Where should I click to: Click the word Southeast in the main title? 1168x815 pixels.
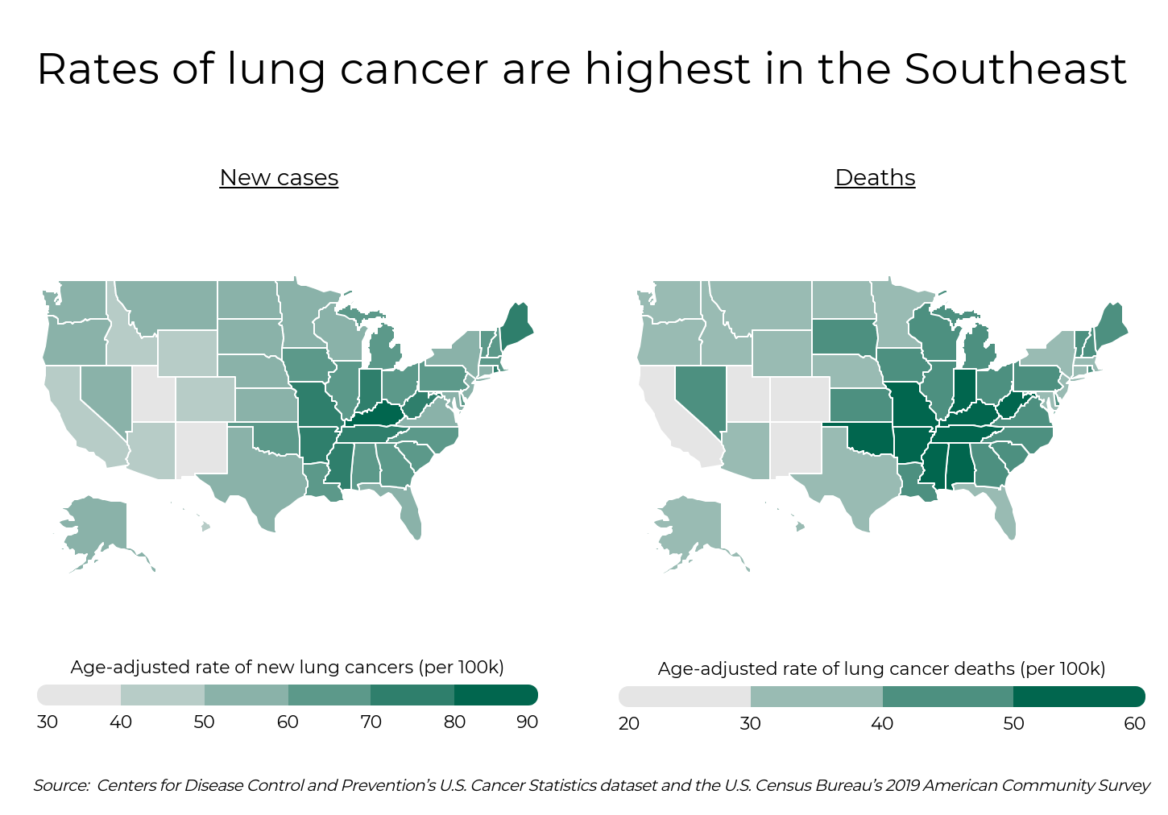point(1015,68)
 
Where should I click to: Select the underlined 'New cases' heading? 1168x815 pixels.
point(279,177)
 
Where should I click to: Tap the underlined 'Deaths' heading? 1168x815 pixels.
point(875,177)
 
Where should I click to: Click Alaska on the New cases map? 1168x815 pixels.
point(97,523)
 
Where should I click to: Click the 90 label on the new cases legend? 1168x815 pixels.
point(527,722)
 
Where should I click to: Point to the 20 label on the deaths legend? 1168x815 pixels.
point(628,723)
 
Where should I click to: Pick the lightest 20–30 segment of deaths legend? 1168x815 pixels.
point(685,697)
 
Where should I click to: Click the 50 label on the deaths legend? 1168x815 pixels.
point(1013,723)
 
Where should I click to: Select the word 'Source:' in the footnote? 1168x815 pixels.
point(61,785)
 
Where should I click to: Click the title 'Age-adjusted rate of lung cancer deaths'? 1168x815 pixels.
point(881,668)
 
